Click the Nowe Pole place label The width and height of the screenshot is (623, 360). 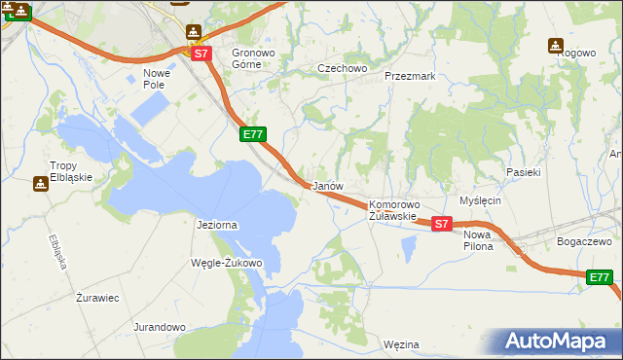pyautogui.click(x=157, y=79)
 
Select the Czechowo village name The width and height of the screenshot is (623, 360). pyautogui.click(x=343, y=68)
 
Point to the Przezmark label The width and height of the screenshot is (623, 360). pyautogui.click(x=409, y=75)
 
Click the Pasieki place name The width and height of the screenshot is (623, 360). pyautogui.click(x=523, y=171)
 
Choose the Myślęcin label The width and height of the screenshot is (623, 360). pyautogui.click(x=479, y=199)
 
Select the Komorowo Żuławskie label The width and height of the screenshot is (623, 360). pyautogui.click(x=393, y=210)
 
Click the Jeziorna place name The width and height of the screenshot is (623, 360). pyautogui.click(x=216, y=225)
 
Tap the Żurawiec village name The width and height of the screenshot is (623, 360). pyautogui.click(x=97, y=298)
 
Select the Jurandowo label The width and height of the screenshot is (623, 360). pyautogui.click(x=160, y=327)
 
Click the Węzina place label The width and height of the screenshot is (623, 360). pyautogui.click(x=401, y=344)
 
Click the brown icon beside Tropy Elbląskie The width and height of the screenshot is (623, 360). pyautogui.click(x=41, y=182)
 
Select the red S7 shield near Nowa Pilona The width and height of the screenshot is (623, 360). pyautogui.click(x=442, y=224)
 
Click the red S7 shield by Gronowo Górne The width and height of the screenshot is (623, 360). pyautogui.click(x=201, y=54)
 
